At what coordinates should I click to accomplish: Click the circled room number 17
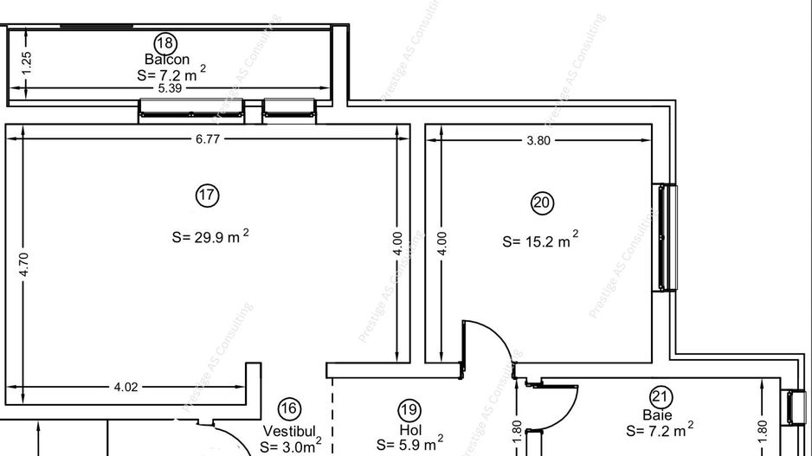click(x=207, y=196)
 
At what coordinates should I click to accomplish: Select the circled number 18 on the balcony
click(x=164, y=42)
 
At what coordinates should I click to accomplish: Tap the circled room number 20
click(x=542, y=203)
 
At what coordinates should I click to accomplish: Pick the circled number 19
click(x=409, y=410)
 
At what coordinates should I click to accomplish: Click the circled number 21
click(x=661, y=397)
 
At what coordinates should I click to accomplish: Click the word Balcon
click(x=167, y=60)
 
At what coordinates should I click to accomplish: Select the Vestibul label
click(x=293, y=430)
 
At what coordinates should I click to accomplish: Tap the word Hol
click(x=409, y=429)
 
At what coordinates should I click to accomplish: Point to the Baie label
click(x=657, y=415)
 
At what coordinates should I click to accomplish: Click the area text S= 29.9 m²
click(x=210, y=236)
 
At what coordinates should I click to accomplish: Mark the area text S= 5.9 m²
click(x=410, y=445)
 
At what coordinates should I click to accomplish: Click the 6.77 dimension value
click(x=208, y=138)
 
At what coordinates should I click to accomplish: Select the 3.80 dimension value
click(x=538, y=140)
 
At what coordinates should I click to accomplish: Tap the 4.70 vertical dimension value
click(x=24, y=263)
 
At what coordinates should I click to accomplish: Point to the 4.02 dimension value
click(x=126, y=387)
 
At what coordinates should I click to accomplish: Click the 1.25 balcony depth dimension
click(x=27, y=62)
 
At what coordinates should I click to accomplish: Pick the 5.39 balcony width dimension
click(x=171, y=88)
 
